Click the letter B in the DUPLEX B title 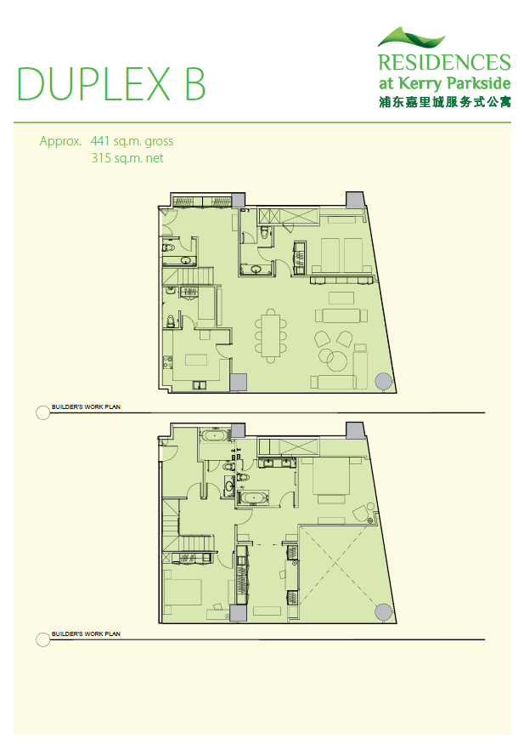tap(194, 83)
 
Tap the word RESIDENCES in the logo tap(444, 63)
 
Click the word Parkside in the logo tap(479, 83)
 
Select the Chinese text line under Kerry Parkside tap(445, 102)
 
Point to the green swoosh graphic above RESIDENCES tap(411, 37)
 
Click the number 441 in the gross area tap(100, 141)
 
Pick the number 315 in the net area tap(101, 158)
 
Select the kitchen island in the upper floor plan tap(196, 359)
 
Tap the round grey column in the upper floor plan tap(383, 381)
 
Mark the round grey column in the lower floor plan tap(383, 611)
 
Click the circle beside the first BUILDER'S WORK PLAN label tap(43, 412)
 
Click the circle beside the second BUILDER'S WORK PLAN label tap(43, 639)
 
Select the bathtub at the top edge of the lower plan tap(215, 435)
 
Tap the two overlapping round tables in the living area tap(334, 358)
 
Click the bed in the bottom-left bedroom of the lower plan tap(182, 593)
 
